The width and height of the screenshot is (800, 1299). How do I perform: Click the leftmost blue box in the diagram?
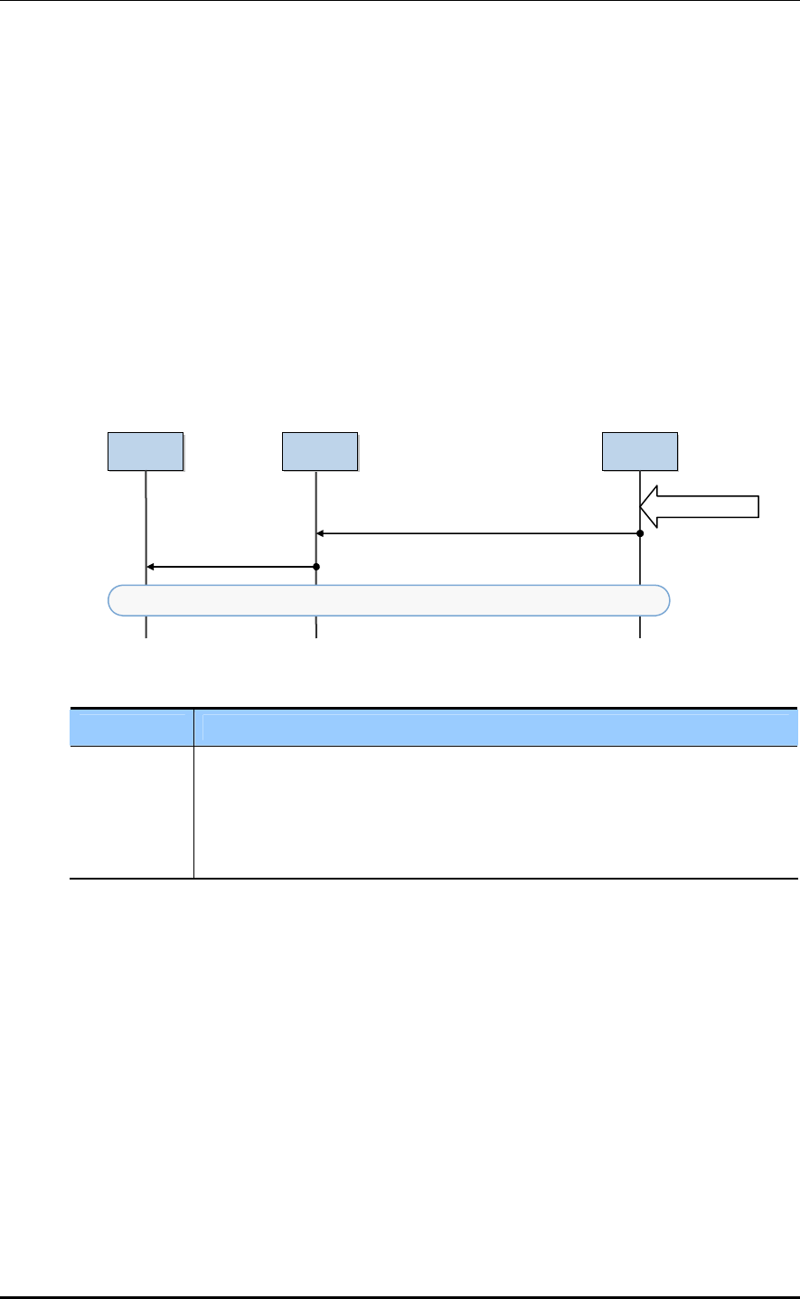pyautogui.click(x=146, y=452)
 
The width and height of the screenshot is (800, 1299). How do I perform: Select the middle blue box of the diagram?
pyautogui.click(x=319, y=452)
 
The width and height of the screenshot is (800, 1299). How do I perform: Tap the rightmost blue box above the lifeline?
pyautogui.click(x=640, y=452)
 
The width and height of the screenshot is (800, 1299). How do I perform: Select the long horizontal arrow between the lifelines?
pyautogui.click(x=478, y=534)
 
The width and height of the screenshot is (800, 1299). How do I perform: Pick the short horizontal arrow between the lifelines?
pyautogui.click(x=231, y=567)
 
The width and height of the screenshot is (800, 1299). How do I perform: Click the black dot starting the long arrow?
pyautogui.click(x=640, y=534)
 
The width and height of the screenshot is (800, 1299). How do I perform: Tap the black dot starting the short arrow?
pyautogui.click(x=316, y=567)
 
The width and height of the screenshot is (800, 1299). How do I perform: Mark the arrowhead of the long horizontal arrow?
pyautogui.click(x=321, y=534)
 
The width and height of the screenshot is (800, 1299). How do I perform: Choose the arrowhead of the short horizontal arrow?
pyautogui.click(x=151, y=567)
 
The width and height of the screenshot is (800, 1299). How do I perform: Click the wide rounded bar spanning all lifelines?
pyautogui.click(x=389, y=600)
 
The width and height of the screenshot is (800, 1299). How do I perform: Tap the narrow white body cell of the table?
pyautogui.click(x=132, y=812)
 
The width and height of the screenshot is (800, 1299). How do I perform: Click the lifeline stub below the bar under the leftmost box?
pyautogui.click(x=146, y=627)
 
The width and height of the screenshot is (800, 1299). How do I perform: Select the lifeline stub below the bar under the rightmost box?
pyautogui.click(x=640, y=627)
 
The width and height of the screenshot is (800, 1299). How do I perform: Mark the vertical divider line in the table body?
pyautogui.click(x=194, y=812)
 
